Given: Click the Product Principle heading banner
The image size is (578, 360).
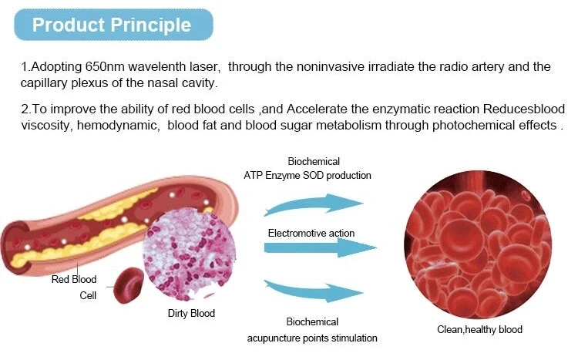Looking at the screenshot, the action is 113,25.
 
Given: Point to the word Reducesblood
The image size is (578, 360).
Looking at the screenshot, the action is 524,109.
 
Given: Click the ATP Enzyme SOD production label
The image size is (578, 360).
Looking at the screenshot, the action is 307,175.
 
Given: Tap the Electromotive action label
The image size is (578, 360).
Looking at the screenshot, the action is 311,233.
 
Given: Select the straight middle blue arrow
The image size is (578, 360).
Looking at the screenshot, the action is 320,247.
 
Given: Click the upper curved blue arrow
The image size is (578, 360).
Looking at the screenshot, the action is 314,204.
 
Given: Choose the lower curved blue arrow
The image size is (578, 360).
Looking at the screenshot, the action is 314,291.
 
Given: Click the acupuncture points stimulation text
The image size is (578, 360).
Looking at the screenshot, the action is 312,338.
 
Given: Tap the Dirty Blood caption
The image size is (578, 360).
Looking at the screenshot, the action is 191,313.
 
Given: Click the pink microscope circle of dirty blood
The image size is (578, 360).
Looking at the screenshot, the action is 189,254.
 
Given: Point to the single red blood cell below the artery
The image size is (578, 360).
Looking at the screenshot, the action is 129,285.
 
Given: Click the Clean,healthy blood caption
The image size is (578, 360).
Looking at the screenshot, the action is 479,329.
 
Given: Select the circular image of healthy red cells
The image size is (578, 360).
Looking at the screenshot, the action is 478,244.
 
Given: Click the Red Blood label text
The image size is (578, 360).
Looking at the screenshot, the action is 74,279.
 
